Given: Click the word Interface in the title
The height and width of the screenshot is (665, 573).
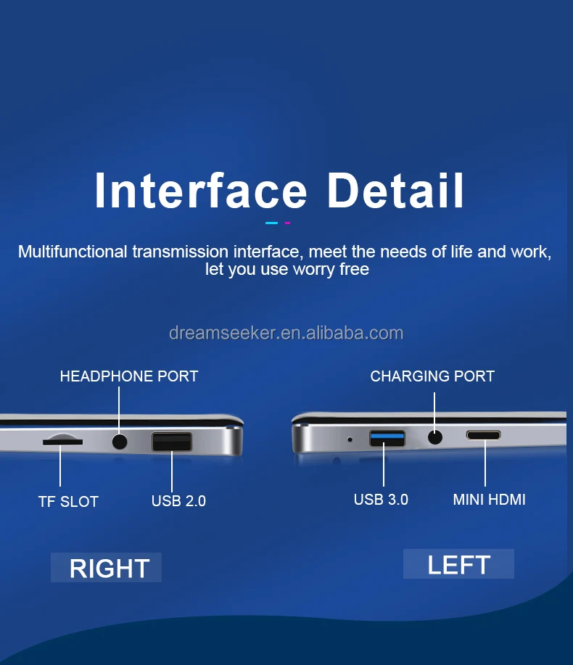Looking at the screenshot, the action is coord(201,191).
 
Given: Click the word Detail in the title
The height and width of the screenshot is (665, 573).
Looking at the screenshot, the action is coord(395,191).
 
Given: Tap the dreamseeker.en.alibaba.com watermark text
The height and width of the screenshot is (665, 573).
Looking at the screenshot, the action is coord(286,334).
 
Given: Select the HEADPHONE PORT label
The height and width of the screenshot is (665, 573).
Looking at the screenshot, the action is coord(129,376).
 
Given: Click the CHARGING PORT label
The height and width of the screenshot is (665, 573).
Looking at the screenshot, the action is coord(432,376).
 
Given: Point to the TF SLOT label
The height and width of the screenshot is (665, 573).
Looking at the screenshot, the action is coord(68,502).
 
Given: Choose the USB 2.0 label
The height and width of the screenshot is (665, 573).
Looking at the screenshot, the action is coord(178,501).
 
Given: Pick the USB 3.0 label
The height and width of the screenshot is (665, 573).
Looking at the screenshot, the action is coord(381,500).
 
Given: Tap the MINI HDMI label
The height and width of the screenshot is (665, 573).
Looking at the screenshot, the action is coord(489,500).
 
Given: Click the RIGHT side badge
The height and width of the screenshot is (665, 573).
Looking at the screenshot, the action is coord(106,567).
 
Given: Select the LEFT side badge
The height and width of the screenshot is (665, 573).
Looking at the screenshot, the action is coord(458,564).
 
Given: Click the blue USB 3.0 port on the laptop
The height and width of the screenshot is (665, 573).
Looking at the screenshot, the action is coord(387,438).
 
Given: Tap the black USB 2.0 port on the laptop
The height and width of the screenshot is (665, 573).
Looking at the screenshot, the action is coord(172,442).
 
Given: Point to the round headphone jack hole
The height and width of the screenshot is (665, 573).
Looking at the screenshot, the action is coord(120,442).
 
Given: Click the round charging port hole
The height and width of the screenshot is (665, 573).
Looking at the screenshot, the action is coord(434,437).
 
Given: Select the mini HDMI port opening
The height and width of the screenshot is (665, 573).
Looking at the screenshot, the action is coord(484,435).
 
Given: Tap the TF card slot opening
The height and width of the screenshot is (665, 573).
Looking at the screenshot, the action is coord(63,442).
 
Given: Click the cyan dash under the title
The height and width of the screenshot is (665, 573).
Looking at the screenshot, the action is coord(271,223).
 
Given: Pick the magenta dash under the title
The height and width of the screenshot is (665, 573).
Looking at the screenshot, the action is coord(287,223).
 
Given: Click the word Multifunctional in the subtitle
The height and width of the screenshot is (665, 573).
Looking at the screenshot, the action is coord(73,252).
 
